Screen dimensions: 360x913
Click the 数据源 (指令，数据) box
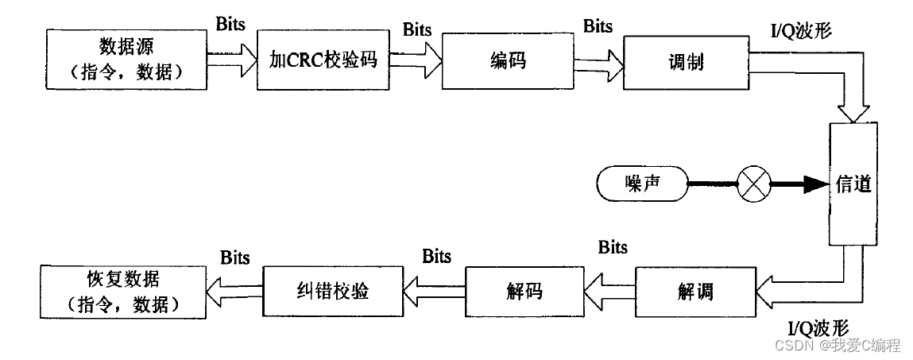pos(125,59)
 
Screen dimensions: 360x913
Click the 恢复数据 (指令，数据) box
pos(122,290)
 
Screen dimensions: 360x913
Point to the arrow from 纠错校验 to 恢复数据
pos(235,292)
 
